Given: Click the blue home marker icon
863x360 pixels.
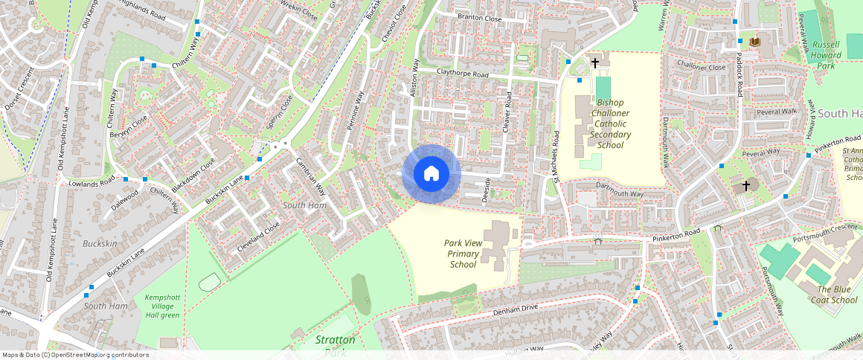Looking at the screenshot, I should pos(431,173).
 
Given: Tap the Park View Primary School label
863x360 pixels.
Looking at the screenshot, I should pos(463,254).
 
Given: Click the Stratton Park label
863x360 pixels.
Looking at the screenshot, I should pos(335,345).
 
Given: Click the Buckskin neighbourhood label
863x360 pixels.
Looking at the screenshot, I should pos(100,243).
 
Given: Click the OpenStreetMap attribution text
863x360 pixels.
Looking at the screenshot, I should pos(75,355).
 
